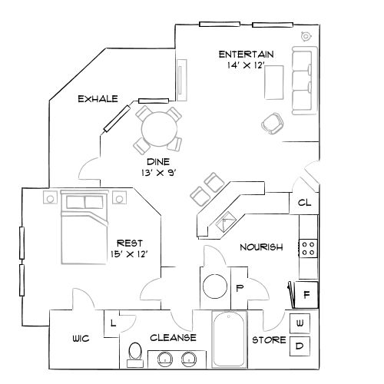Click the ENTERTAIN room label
tap(247, 55)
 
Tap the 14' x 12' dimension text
tap(247, 67)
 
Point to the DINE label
tap(158, 162)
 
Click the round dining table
tap(157, 127)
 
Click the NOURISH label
tap(261, 247)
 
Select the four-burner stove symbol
tap(308, 248)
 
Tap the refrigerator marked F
tap(306, 293)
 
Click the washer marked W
tap(299, 323)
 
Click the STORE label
tap(269, 339)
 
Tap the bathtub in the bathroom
tap(230, 338)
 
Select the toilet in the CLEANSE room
tap(135, 353)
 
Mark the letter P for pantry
tap(239, 289)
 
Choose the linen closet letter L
tap(114, 323)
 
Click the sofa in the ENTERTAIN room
tap(301, 78)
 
